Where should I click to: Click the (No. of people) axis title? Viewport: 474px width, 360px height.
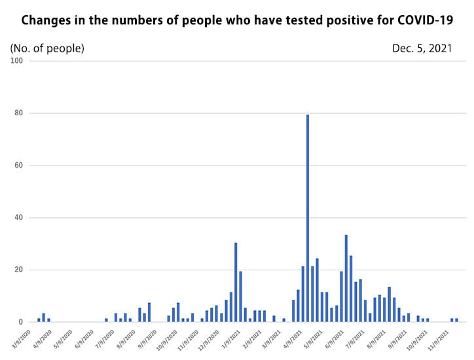coord(47,48)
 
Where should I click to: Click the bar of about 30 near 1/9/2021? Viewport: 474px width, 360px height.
coord(236,282)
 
